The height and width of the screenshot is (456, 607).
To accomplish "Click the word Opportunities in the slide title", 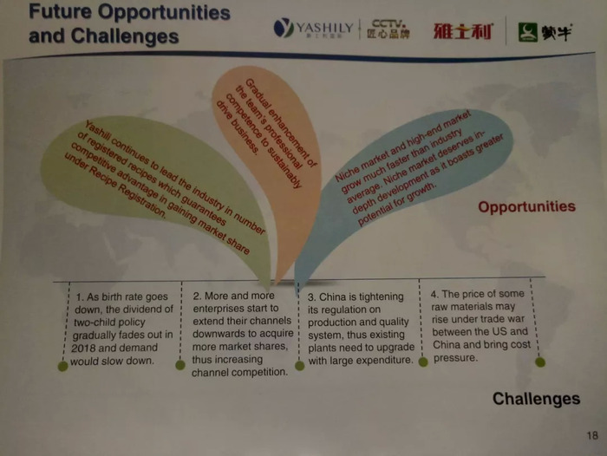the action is pos(164,12).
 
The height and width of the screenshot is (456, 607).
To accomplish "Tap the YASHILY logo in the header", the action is pos(314,29).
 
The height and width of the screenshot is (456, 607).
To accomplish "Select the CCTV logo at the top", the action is pos(388,29).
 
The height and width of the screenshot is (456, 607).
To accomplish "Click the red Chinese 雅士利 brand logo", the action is pos(463,31).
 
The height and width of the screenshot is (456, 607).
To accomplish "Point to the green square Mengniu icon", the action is pos(528,32).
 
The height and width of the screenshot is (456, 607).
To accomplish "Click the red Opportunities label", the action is pos(527,207).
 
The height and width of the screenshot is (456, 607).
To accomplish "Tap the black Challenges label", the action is pos(536,399).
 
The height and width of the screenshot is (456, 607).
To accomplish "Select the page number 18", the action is pos(592,435).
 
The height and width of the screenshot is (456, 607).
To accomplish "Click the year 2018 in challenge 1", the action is pos(82,348).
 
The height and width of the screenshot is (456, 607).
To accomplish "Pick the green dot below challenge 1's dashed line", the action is pos(62,366).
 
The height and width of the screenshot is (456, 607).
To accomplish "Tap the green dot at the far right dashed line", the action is pos(540,362).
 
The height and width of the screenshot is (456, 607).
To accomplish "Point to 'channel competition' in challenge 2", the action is pos(239,373).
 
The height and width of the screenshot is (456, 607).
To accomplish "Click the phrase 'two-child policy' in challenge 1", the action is pos(109,322).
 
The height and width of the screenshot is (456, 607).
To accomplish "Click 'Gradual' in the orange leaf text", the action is pos(256,92).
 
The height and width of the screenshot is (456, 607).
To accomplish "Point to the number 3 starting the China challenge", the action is pos(311,297).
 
